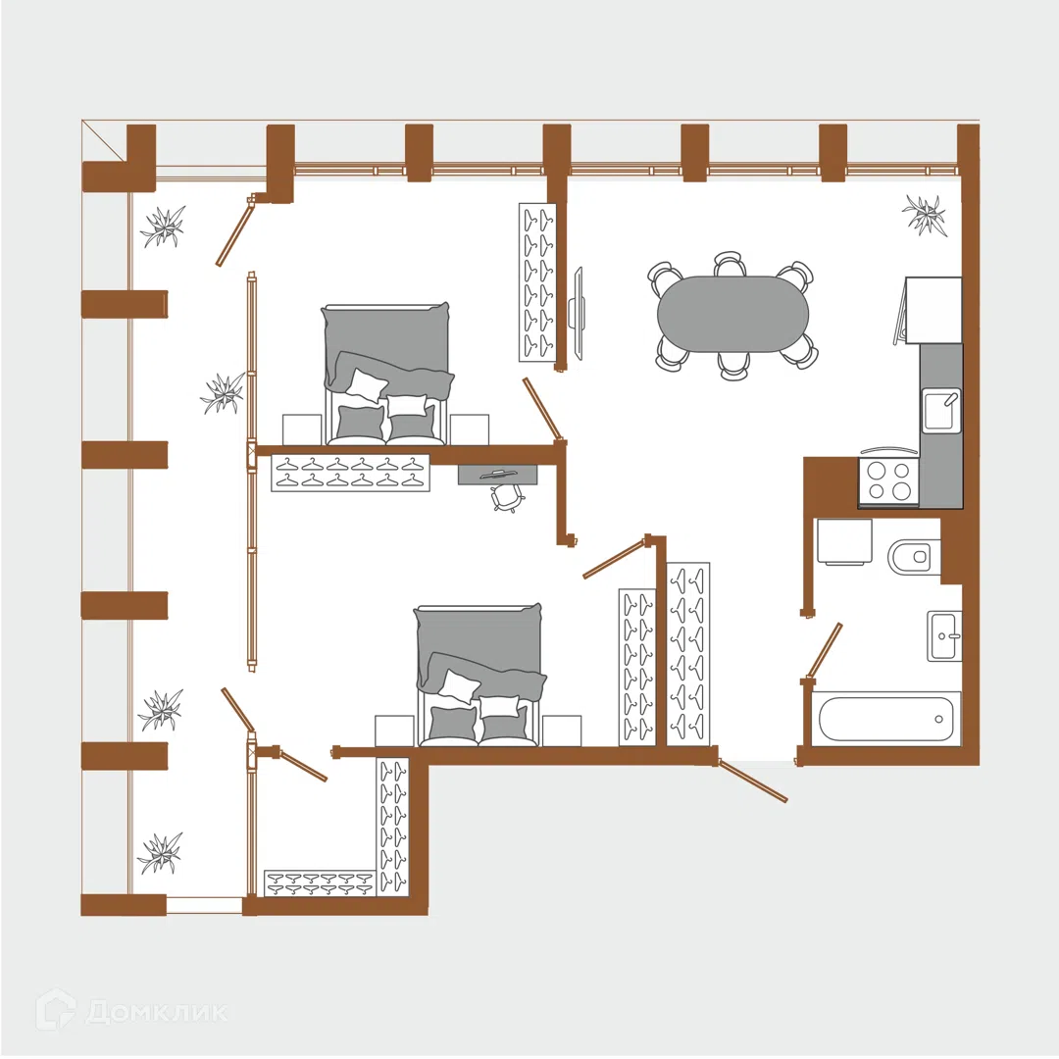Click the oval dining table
click(x=732, y=314)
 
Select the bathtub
click(x=885, y=718)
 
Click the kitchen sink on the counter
click(x=941, y=411)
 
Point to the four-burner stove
click(x=888, y=480)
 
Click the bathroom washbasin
click(x=944, y=635)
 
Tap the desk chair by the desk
click(x=508, y=498)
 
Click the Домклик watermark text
click(x=157, y=1012)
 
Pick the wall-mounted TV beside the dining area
click(x=578, y=313)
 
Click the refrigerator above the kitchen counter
click(x=933, y=310)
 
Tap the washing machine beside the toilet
click(x=844, y=541)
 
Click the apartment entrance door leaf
click(x=752, y=781)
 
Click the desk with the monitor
click(x=498, y=475)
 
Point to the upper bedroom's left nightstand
click(x=302, y=429)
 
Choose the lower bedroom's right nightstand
click(x=561, y=731)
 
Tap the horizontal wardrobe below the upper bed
click(x=350, y=473)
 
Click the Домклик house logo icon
click(x=56, y=1011)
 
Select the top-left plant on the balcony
click(x=163, y=227)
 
